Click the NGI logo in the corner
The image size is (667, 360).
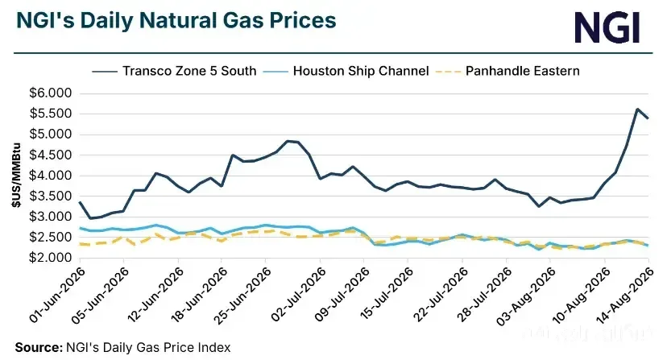(x=607, y=27)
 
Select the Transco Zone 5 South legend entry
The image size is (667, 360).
(x=175, y=71)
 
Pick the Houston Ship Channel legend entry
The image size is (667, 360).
(x=346, y=71)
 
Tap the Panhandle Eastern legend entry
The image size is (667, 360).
(x=508, y=71)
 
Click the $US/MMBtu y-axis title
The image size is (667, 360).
(x=17, y=175)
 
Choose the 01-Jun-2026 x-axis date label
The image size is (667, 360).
(x=57, y=295)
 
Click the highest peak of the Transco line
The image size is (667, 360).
(x=637, y=109)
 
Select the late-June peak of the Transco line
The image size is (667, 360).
(x=288, y=141)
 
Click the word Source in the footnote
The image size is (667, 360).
(x=39, y=347)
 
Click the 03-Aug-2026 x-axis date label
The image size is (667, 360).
(x=526, y=296)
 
